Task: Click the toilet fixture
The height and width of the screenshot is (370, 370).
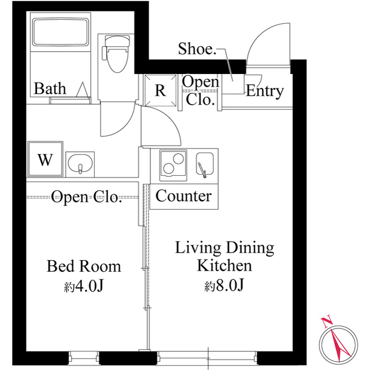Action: tap(116, 54)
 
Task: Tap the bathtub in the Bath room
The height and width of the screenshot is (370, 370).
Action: tap(61, 32)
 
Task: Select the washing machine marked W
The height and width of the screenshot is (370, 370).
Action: tap(45, 159)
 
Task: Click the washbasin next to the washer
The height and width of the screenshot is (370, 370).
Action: tap(80, 164)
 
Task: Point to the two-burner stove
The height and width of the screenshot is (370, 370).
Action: tap(173, 165)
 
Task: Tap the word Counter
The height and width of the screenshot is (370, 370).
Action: tap(183, 196)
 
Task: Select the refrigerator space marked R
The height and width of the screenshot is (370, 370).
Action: tap(160, 90)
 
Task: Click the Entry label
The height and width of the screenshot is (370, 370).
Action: tap(265, 91)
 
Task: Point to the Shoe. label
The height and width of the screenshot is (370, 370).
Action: tap(197, 49)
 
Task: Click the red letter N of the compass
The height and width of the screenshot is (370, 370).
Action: tap(326, 323)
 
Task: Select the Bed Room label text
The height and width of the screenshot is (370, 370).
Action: tap(84, 266)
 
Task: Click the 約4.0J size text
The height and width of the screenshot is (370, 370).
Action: tap(84, 286)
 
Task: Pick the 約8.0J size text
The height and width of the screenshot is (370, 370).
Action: tap(224, 285)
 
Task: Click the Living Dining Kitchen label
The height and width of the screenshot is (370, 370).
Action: tap(224, 257)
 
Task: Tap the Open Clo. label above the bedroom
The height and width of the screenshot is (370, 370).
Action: tap(86, 197)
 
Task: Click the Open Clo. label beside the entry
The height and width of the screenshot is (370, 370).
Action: tap(201, 91)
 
